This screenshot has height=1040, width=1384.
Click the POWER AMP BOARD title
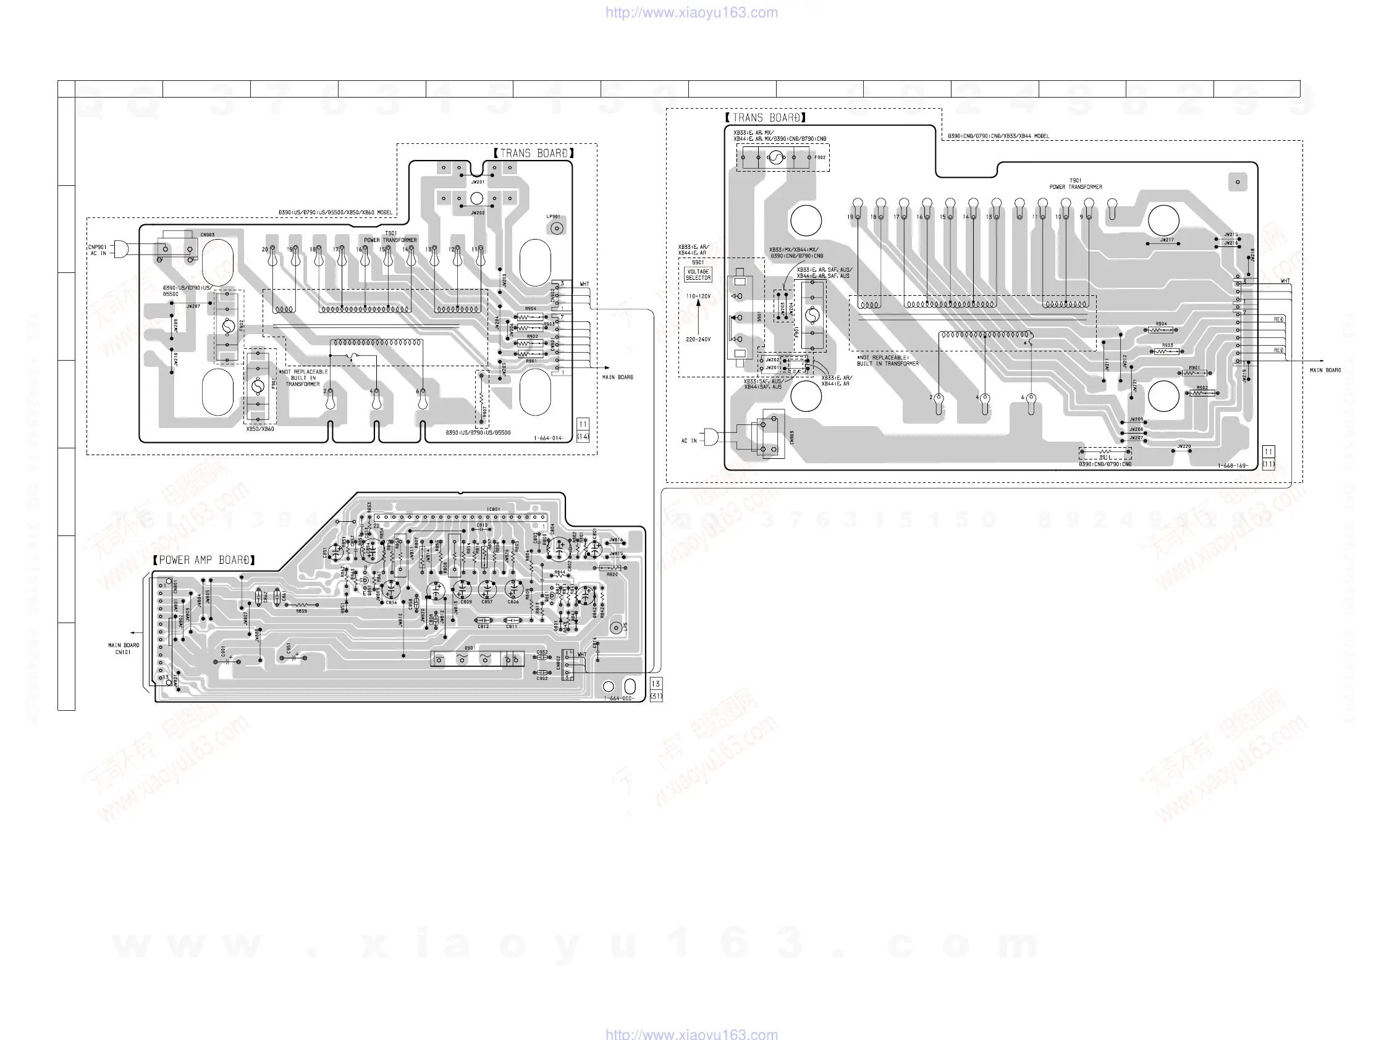pos(204,560)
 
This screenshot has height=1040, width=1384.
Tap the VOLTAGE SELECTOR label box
pos(698,275)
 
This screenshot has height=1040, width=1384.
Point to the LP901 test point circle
pos(557,229)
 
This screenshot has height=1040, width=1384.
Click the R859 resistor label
pos(302,611)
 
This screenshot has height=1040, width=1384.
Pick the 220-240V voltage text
pos(698,340)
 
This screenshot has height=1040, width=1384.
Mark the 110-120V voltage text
pos(698,296)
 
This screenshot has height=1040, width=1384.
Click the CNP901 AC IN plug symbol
pos(120,249)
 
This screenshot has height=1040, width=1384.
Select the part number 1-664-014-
pos(549,438)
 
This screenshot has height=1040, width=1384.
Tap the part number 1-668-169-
pos(1233,466)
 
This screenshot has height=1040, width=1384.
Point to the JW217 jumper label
pos(1167,240)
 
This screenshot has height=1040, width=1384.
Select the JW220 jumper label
pos(1184,447)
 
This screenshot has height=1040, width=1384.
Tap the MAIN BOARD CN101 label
pos(123,648)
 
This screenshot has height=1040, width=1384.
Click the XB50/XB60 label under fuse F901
pos(259,429)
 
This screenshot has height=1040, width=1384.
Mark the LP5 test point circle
pos(616,628)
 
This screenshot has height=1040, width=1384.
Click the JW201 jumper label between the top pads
pos(478,182)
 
